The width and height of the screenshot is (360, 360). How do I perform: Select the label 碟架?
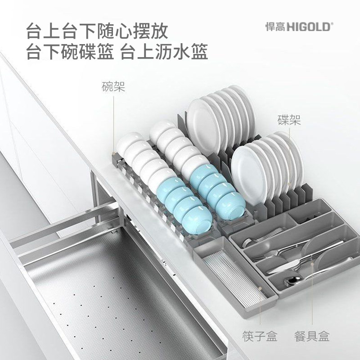tap(288, 120)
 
